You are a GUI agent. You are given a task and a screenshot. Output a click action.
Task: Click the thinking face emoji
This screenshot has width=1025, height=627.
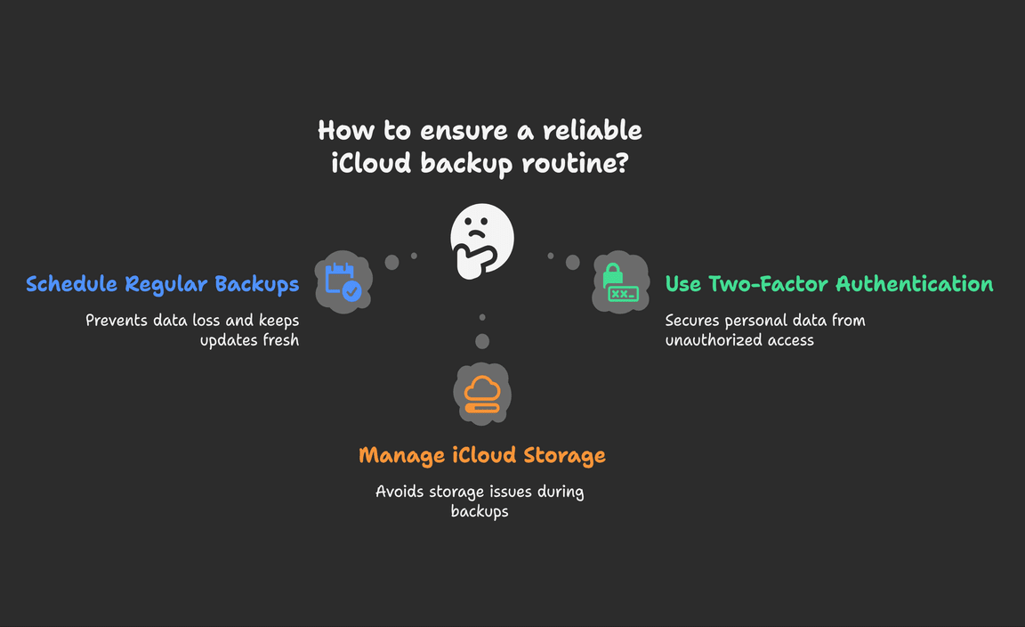pos(481,240)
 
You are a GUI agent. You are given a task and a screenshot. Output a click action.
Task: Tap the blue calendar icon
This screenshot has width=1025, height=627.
pos(343,281)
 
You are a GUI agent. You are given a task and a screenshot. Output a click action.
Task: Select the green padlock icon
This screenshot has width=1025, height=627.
pos(620,282)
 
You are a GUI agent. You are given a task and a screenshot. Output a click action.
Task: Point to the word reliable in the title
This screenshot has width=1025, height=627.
pos(593,130)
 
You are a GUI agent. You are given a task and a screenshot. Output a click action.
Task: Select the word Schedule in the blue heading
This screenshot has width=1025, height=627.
pos(72,284)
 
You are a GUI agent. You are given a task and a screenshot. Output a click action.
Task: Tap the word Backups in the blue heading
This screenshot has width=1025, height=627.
pos(256,284)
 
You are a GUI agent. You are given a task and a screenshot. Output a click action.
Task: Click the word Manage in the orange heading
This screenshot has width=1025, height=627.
pos(400,455)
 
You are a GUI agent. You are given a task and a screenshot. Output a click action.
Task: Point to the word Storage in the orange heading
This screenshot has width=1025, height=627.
pos(561,455)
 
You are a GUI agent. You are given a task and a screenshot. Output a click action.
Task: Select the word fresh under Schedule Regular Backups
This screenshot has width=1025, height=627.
pos(274,339)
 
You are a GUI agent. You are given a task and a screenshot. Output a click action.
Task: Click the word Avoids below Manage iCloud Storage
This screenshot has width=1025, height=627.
pos(400,492)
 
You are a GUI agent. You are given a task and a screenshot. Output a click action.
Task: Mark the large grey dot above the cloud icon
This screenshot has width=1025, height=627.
pos(482,341)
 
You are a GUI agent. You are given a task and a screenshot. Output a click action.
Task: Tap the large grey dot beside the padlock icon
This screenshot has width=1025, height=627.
pos(573,263)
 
